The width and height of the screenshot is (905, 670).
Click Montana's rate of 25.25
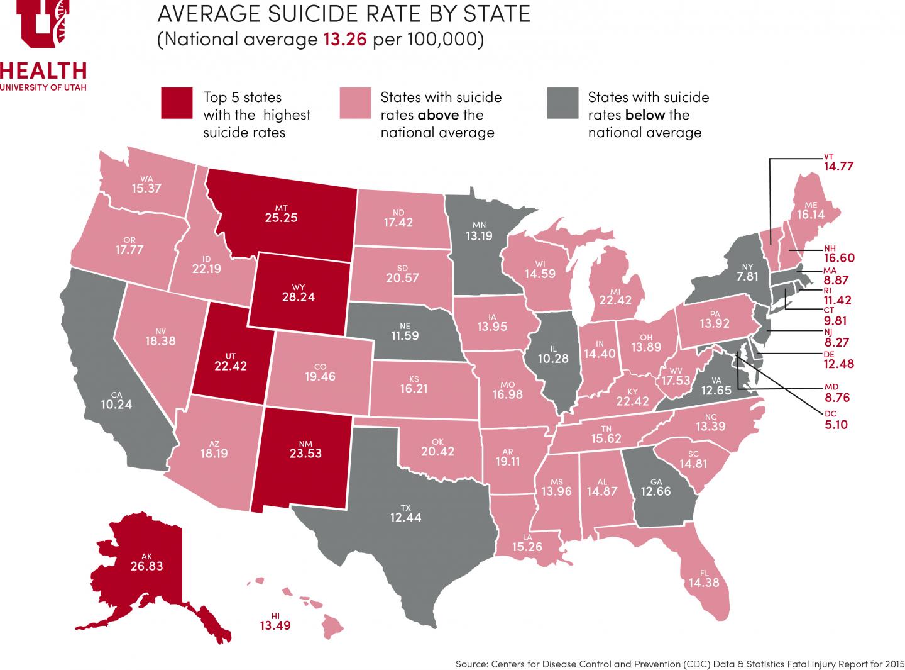click(282, 218)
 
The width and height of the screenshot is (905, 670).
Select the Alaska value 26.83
click(147, 566)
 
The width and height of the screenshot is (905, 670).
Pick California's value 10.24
click(116, 405)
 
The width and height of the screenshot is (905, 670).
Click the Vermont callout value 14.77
click(838, 167)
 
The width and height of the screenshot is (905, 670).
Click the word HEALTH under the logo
click(43, 69)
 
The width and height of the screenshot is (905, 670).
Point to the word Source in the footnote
click(472, 664)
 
